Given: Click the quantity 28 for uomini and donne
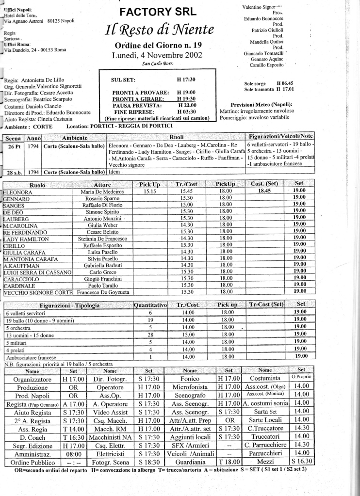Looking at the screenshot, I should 150,335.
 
